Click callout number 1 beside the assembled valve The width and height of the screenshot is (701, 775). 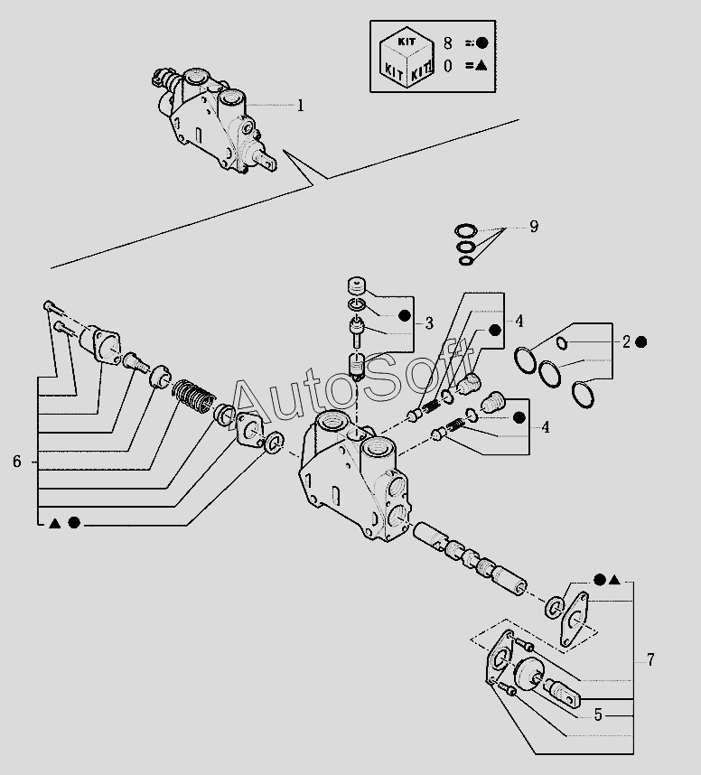300,106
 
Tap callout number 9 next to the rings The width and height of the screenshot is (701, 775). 534,226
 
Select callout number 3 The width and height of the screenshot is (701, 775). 429,322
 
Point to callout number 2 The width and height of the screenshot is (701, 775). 626,342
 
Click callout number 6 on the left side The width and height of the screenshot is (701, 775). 16,462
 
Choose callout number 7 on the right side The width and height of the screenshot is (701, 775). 650,659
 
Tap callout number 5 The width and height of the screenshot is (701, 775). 597,714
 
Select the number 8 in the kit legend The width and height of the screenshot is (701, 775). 447,42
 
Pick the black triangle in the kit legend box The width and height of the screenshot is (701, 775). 481,65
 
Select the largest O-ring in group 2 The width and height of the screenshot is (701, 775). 585,394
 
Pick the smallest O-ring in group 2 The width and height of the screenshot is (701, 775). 562,342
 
